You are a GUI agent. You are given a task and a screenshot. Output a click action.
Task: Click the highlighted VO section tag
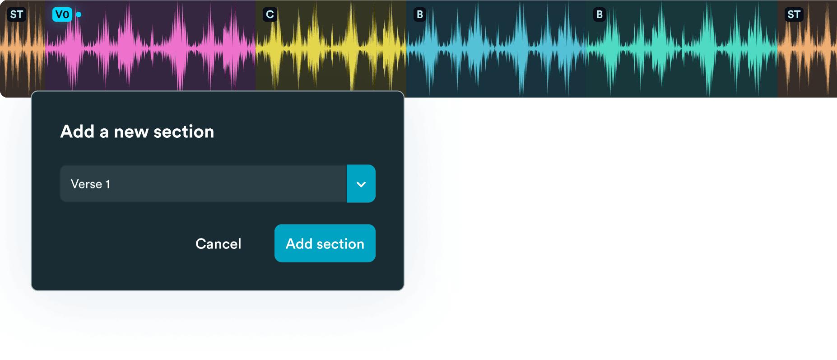pyautogui.click(x=62, y=14)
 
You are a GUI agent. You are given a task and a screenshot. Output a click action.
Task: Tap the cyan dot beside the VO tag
pyautogui.click(x=79, y=14)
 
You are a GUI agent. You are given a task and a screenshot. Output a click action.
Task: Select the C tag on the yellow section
pyautogui.click(x=270, y=14)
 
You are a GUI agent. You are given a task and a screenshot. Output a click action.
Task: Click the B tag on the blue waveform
pyautogui.click(x=420, y=14)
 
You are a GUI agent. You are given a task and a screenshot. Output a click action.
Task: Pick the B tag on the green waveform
pyautogui.click(x=600, y=14)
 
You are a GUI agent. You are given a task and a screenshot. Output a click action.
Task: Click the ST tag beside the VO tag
pyautogui.click(x=17, y=14)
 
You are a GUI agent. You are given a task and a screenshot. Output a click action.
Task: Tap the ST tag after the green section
pyautogui.click(x=794, y=14)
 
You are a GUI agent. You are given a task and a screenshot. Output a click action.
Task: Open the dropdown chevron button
pyautogui.click(x=361, y=184)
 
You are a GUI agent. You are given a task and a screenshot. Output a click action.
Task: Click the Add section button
pyautogui.click(x=325, y=243)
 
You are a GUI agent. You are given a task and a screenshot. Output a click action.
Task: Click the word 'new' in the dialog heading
pyautogui.click(x=131, y=132)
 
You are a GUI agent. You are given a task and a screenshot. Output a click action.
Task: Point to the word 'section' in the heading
pyautogui.click(x=184, y=132)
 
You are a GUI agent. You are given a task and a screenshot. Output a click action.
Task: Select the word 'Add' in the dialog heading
pyautogui.click(x=77, y=131)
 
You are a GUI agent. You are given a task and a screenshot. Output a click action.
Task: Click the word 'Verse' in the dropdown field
pyautogui.click(x=86, y=184)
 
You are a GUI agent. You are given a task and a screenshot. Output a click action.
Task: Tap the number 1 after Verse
pyautogui.click(x=108, y=184)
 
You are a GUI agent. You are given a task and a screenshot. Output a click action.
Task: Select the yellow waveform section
pyautogui.click(x=331, y=45)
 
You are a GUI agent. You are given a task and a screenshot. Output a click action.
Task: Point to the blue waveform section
pyautogui.click(x=496, y=49)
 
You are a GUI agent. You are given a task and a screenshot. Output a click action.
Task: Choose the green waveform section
pyautogui.click(x=681, y=49)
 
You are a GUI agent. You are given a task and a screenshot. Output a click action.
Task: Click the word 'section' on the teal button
pyautogui.click(x=340, y=244)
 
